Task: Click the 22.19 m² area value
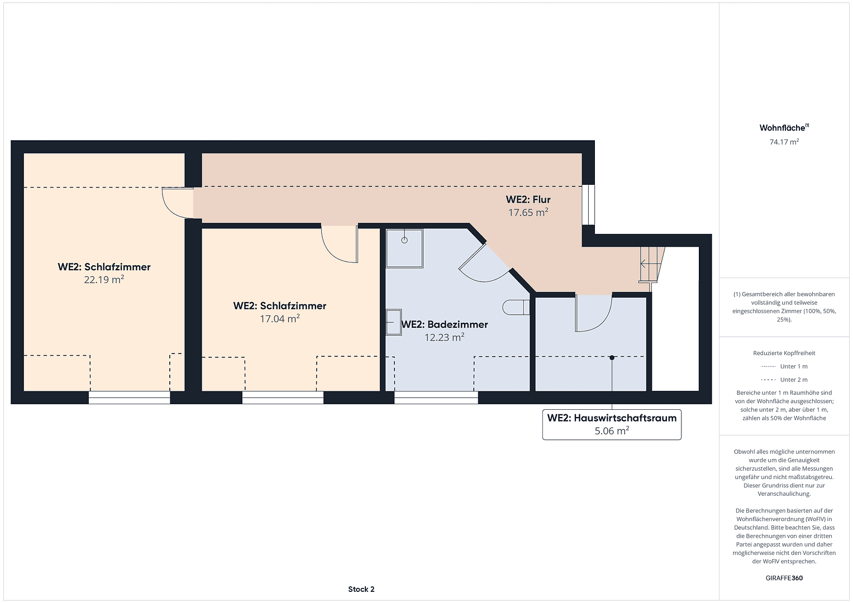pos(104,280)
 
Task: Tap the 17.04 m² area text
pos(280,319)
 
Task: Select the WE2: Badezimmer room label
pos(445,324)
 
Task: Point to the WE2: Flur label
pos(528,199)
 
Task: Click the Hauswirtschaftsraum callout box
pos(612,424)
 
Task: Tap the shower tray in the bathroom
pos(404,248)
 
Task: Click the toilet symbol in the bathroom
pos(516,307)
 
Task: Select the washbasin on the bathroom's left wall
pos(394,322)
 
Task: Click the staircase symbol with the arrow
pos(652,264)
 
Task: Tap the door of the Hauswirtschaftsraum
pos(593,313)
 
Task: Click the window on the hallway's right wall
pos(588,205)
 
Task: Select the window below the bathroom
pos(436,397)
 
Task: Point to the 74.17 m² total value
pos(784,142)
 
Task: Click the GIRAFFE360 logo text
pos(784,578)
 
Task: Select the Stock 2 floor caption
pos(361,589)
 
